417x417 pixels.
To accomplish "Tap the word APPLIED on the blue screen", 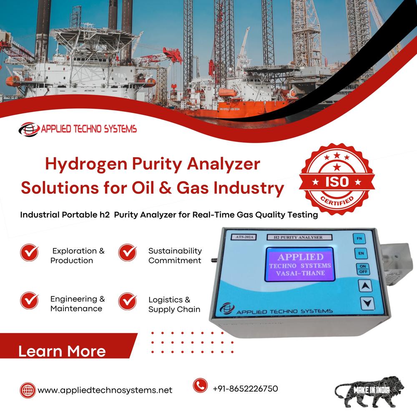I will [x=300, y=256].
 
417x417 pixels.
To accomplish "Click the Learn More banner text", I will [x=62, y=351].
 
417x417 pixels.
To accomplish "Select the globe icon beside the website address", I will [x=28, y=390].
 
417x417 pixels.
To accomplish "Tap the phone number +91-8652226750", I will [x=245, y=388].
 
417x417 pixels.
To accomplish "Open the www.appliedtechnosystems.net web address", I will [x=105, y=390].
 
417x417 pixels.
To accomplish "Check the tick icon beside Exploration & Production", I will [x=29, y=252].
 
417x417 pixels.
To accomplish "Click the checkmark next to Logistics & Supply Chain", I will [x=127, y=301].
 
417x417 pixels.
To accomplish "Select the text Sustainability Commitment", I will [x=175, y=256].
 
